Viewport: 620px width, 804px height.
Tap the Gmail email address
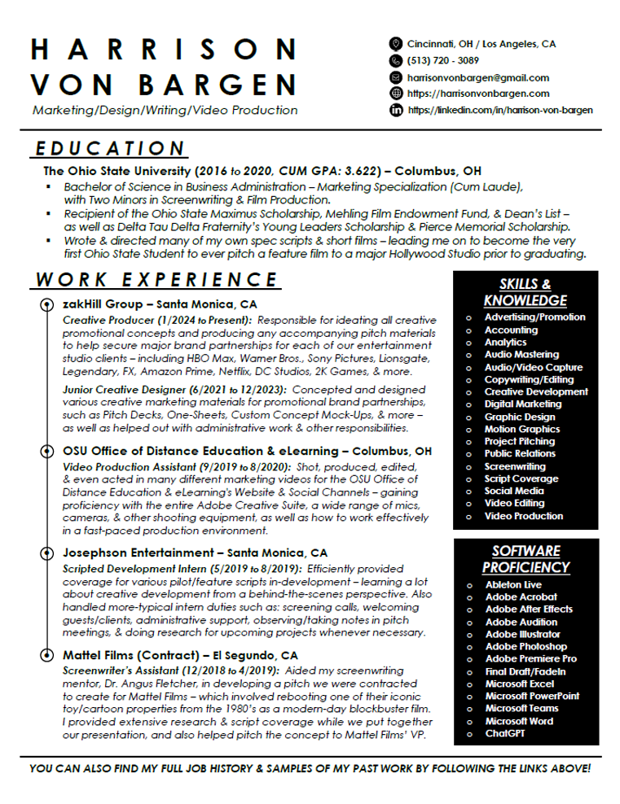coord(477,77)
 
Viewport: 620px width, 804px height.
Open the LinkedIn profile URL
coord(499,110)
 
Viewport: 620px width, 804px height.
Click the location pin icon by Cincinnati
coord(396,44)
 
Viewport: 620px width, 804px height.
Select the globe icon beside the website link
coord(396,94)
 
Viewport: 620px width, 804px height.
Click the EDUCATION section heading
coord(110,149)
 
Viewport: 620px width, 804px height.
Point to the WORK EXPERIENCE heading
coord(157,280)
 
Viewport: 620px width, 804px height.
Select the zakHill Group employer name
coord(98,304)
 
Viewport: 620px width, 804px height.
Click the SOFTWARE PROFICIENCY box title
coord(525,559)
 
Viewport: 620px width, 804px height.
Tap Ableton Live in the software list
coord(513,584)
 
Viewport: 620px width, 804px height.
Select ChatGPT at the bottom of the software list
coord(505,733)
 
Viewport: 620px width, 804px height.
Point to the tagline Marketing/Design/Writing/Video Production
coord(165,110)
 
